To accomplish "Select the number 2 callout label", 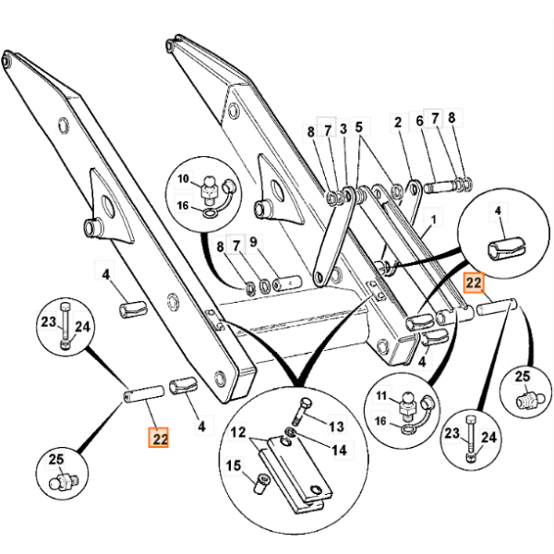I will (398, 121).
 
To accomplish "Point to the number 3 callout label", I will (343, 128).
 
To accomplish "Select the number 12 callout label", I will (237, 431).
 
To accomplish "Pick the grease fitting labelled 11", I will (408, 402).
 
